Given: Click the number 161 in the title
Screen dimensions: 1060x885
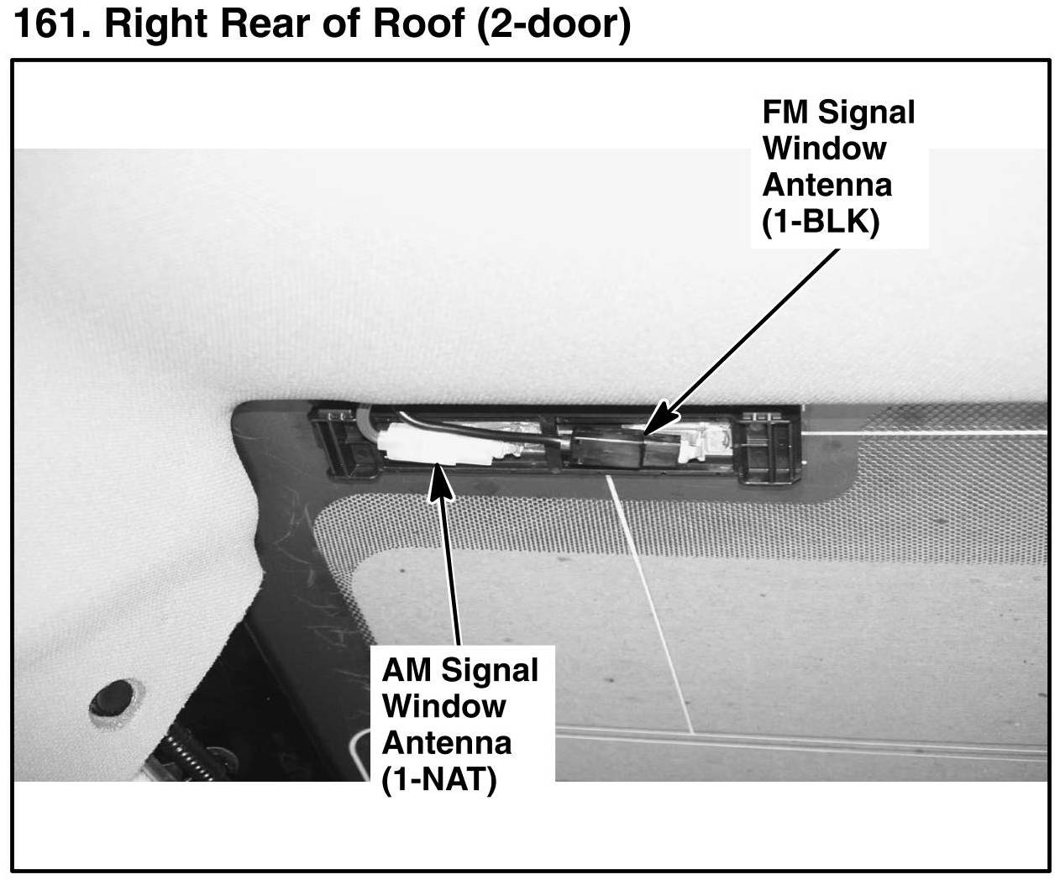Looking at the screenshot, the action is [x=52, y=23].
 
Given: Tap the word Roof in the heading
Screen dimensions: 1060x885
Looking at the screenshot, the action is [x=418, y=23].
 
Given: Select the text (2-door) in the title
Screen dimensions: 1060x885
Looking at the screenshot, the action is [x=554, y=24].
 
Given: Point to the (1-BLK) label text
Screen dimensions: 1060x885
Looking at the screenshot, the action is [x=821, y=222].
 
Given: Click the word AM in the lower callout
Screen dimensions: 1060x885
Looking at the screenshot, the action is [x=407, y=670].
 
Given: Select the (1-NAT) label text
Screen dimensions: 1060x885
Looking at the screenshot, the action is [x=438, y=780].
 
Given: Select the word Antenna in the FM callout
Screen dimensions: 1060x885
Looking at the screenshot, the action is [x=827, y=185].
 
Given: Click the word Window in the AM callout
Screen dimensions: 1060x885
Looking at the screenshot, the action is [x=444, y=706].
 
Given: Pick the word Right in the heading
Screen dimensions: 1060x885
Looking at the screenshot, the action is [x=157, y=24].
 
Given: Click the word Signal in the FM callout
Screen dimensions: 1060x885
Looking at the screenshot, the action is [x=867, y=113].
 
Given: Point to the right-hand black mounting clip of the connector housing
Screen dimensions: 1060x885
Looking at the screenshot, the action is [x=770, y=447].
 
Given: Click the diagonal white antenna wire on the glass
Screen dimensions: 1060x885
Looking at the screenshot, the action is [x=650, y=604].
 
